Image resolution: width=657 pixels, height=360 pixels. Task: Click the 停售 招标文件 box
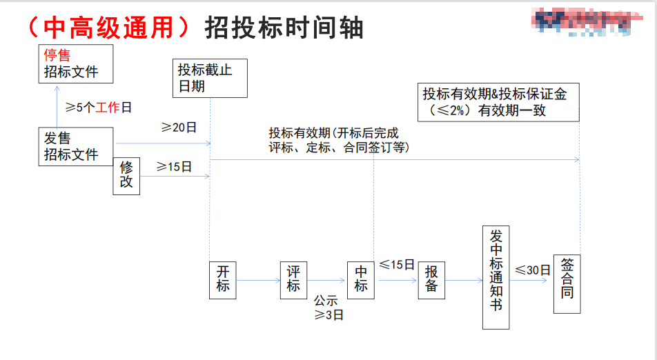click(x=76, y=64)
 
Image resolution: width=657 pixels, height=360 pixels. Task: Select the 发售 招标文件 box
click(x=76, y=146)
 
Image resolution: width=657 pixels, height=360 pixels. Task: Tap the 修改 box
click(x=127, y=176)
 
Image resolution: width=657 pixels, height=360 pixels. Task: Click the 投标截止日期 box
click(x=210, y=78)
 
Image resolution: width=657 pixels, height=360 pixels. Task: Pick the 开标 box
click(x=222, y=279)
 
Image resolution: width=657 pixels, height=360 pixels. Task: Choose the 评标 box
click(x=294, y=279)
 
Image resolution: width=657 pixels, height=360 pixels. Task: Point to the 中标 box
click(x=360, y=279)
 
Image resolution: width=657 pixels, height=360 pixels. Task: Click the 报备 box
click(x=432, y=279)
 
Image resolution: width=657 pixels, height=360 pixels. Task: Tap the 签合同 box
click(x=567, y=279)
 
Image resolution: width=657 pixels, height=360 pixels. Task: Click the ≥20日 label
click(x=179, y=128)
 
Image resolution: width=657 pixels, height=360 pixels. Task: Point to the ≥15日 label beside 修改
click(x=174, y=167)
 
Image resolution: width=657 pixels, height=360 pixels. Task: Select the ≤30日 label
click(x=532, y=270)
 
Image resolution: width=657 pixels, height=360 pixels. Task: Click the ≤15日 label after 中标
click(x=396, y=265)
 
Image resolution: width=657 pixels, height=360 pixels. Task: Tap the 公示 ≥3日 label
click(x=328, y=308)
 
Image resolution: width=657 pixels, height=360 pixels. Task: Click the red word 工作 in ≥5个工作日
click(x=108, y=107)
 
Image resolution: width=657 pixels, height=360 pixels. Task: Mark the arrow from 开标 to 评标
click(x=258, y=280)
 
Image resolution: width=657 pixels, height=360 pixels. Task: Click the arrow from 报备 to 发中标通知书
click(x=463, y=280)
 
